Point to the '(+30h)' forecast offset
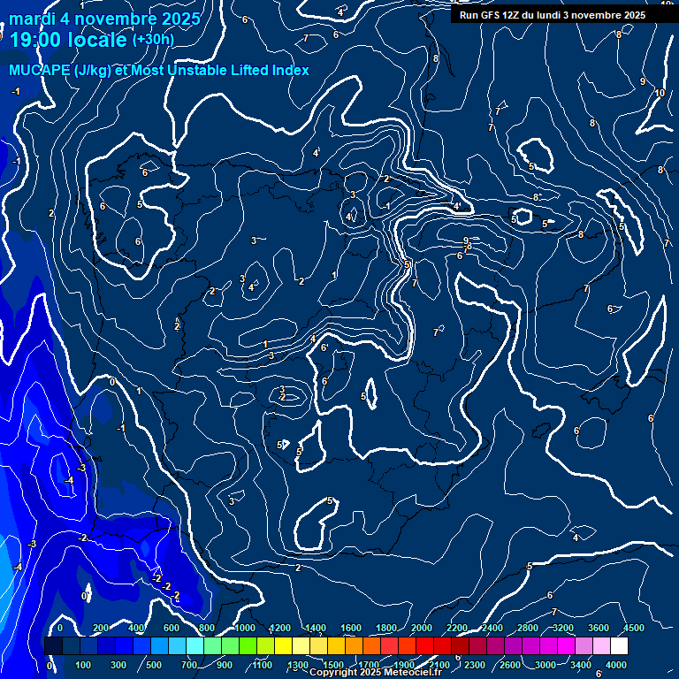[153, 40]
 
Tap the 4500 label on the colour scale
[634, 628]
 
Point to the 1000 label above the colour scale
[245, 628]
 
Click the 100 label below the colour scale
[84, 665]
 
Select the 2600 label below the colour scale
[510, 665]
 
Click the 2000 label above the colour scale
[422, 628]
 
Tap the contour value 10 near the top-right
[660, 93]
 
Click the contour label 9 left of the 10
[643, 81]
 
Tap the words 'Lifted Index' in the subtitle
[265, 70]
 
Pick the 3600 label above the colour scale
[599, 628]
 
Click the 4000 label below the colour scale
[616, 665]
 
